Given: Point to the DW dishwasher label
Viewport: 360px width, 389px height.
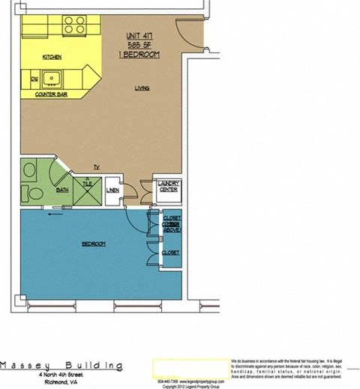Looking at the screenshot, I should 34,77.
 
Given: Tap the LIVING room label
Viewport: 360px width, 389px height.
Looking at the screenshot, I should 142,88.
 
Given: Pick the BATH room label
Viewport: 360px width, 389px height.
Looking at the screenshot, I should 63,190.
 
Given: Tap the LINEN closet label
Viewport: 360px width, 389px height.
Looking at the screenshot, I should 113,190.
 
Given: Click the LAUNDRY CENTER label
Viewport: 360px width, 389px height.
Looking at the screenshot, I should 166,188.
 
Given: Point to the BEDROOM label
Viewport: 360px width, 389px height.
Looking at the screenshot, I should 94,244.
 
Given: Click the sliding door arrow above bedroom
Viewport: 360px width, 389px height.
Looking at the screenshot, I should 52,213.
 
